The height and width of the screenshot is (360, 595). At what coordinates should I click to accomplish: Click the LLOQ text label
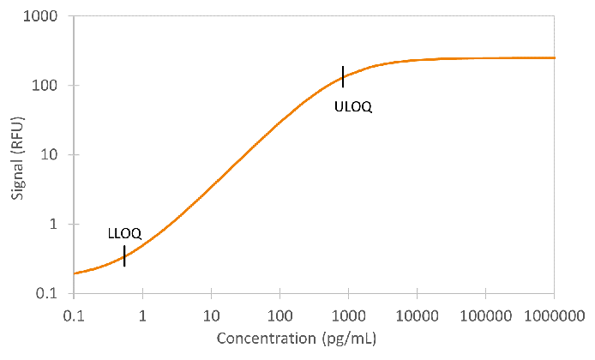tap(123, 233)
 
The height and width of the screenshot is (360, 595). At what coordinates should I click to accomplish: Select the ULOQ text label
tap(353, 106)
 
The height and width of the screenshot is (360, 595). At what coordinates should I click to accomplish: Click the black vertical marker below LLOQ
tap(124, 255)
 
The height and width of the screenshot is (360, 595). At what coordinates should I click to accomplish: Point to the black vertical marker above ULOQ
tap(343, 76)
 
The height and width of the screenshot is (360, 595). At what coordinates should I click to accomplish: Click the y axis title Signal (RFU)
tap(18, 155)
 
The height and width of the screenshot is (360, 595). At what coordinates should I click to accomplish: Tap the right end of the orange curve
tap(555, 57)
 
